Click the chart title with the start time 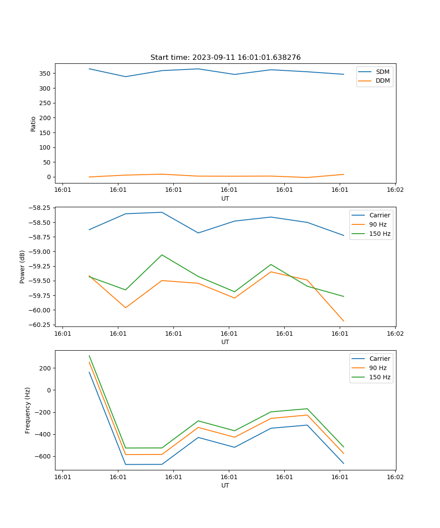[225, 58]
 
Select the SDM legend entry [382, 72]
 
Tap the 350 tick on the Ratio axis [46, 73]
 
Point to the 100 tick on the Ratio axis [46, 147]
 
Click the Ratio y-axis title [33, 124]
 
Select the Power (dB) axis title [22, 267]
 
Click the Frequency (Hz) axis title [28, 410]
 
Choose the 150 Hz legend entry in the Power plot [380, 234]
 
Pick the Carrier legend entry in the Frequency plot [380, 359]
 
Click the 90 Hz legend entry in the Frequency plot [378, 368]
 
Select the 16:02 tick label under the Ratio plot [395, 190]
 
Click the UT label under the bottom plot [225, 485]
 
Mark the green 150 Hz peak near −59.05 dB [162, 255]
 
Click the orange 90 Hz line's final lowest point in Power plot [344, 321]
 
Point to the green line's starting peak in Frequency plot [89, 356]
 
